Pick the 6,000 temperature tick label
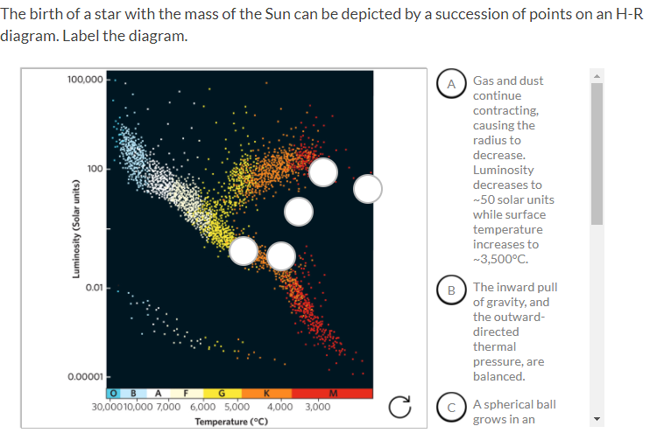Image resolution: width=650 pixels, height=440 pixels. [202, 407]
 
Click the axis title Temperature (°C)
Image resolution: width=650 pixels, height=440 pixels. [231, 422]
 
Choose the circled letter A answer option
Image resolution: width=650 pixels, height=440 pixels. [452, 84]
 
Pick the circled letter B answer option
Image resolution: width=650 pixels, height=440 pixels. [452, 290]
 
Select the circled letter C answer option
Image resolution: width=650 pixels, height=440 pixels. [452, 407]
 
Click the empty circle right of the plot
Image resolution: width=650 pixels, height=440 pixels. [368, 187]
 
